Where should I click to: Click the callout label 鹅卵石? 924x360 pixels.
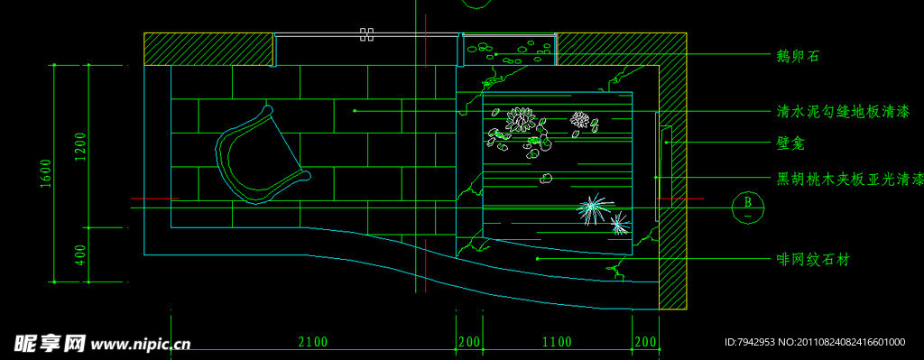[799, 57]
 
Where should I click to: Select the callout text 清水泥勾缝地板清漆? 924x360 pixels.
[844, 111]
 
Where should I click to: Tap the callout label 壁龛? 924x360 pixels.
[791, 143]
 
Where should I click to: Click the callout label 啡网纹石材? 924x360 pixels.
[813, 259]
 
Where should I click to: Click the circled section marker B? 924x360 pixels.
[748, 207]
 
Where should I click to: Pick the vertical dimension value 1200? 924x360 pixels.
[80, 146]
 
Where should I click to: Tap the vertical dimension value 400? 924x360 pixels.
[80, 255]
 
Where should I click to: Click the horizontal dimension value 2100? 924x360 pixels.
[313, 342]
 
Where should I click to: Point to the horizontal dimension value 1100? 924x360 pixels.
[557, 342]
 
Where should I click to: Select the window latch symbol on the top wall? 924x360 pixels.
[366, 34]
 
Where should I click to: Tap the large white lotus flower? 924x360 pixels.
[521, 120]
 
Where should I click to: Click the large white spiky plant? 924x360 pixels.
[595, 209]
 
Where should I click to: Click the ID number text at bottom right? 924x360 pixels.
[815, 342]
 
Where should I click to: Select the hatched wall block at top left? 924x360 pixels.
[209, 49]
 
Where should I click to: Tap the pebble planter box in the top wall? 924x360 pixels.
[510, 51]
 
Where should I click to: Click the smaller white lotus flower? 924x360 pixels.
[580, 120]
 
